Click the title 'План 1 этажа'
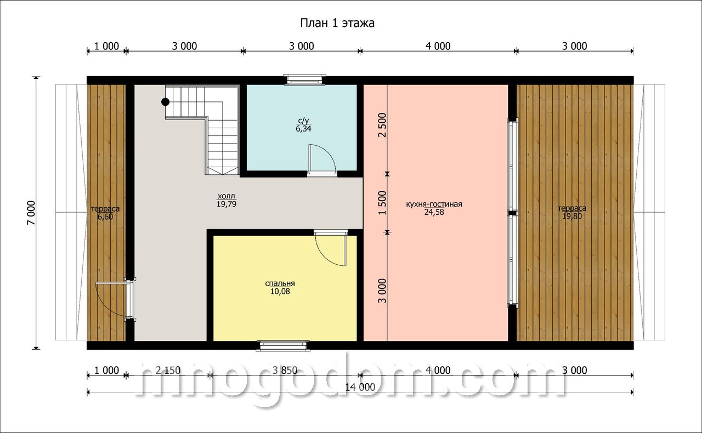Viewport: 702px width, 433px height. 337,23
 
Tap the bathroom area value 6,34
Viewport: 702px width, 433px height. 303,129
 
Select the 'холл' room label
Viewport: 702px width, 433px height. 227,196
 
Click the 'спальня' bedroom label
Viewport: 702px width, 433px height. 280,283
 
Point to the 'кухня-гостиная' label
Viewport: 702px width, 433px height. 434,204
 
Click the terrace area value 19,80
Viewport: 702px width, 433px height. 572,216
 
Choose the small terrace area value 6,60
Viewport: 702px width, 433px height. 105,217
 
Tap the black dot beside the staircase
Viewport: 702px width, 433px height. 166,102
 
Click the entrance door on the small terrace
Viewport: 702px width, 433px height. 130,299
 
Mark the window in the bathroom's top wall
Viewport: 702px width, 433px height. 303,79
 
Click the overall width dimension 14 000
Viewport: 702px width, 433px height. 360,388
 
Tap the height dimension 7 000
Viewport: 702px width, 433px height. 32,213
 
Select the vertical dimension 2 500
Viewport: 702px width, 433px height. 383,125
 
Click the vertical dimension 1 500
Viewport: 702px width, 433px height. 383,202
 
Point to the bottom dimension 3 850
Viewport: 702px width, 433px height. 285,371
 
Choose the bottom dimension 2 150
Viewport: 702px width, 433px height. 168,371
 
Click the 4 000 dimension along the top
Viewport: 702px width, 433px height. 438,47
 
